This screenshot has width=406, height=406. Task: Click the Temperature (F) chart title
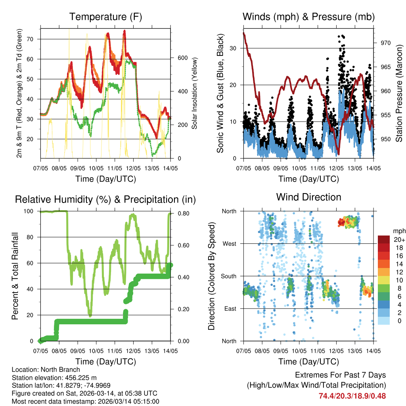105,17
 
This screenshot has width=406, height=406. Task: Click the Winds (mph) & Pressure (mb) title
308,17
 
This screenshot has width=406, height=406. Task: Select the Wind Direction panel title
308,197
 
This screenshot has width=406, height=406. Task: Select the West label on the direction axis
229,244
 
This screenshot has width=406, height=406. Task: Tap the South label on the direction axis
228,276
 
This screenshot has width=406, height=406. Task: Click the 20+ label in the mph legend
398,239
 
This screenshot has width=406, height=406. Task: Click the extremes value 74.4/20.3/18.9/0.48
352,396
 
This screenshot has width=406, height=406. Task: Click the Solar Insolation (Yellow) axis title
195,93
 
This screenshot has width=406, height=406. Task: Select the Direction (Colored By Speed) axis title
212,276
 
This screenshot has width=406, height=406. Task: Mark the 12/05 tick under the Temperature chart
133,163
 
